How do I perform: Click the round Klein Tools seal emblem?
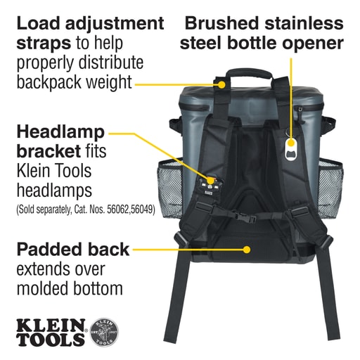click(104, 333)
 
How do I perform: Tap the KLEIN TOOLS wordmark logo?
click(51, 333)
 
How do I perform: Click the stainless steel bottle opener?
click(291, 149)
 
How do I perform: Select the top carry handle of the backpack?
click(249, 75)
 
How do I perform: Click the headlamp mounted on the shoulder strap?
click(210, 186)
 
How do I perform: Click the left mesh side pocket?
click(169, 188)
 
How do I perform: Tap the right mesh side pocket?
click(331, 188)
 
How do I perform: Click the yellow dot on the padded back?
click(246, 250)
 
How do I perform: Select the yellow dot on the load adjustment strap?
click(221, 84)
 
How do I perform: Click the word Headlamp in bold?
click(60, 133)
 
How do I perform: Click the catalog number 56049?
click(141, 210)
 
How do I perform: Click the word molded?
click(42, 288)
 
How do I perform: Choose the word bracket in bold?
click(49, 151)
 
